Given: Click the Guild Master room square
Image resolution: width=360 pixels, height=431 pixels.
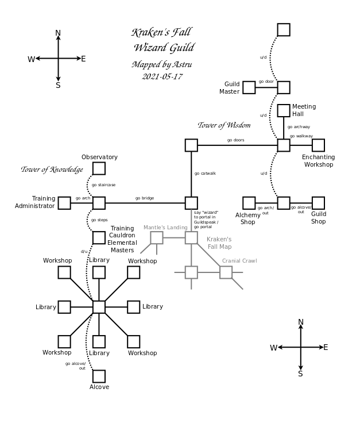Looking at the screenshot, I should click(x=249, y=87).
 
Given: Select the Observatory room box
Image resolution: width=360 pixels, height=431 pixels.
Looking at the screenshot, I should click(x=99, y=168).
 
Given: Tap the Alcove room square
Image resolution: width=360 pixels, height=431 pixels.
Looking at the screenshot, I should click(x=99, y=376).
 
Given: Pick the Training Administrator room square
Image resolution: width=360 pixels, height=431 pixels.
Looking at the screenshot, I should click(x=64, y=203).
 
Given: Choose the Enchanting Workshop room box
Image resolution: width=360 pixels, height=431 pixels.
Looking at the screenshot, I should click(x=318, y=145).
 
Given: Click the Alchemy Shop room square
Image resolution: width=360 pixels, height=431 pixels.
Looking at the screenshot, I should click(x=249, y=203).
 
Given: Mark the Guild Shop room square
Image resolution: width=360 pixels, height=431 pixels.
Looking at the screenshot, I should click(x=318, y=203).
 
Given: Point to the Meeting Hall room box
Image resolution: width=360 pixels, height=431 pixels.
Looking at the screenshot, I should click(x=284, y=110).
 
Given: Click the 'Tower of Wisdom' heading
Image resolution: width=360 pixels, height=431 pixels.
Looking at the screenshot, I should click(x=224, y=125).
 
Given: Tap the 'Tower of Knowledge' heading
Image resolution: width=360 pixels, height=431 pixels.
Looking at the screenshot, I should click(x=52, y=170).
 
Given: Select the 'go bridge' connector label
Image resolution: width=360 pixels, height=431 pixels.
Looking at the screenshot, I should click(x=145, y=198).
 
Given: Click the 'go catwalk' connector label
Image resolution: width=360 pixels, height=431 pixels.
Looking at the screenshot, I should click(x=205, y=173).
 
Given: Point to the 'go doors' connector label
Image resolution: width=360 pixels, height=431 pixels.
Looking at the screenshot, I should click(x=235, y=140).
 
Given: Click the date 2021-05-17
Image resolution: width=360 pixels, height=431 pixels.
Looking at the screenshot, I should click(x=162, y=76).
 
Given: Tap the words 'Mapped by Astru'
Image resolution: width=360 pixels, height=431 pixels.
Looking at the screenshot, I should click(x=162, y=64).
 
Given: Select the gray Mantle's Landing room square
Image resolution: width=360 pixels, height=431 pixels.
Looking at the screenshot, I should click(x=157, y=237).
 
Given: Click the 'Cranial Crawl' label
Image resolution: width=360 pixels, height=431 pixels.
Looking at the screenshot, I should click(x=239, y=261).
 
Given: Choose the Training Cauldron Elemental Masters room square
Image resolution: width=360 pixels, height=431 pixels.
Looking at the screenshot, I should click(x=99, y=237).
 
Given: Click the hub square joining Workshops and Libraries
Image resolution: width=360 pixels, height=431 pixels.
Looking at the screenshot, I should click(x=99, y=307).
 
